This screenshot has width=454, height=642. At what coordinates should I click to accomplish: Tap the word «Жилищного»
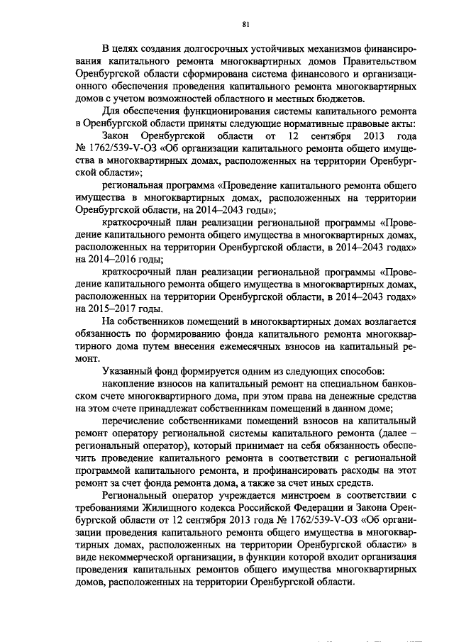[165, 507]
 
